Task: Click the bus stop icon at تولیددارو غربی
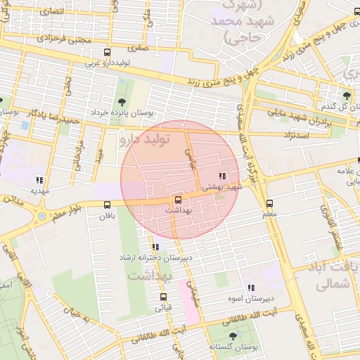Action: (107, 53)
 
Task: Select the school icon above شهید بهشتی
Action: (222, 176)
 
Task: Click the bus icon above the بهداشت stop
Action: (177, 199)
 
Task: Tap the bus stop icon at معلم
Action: (271, 202)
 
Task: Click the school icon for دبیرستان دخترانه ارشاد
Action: (155, 247)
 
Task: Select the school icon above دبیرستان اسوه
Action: (251, 288)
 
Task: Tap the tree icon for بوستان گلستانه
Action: (233, 337)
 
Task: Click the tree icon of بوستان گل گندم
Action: (347, 95)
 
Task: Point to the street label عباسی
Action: (188, 148)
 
